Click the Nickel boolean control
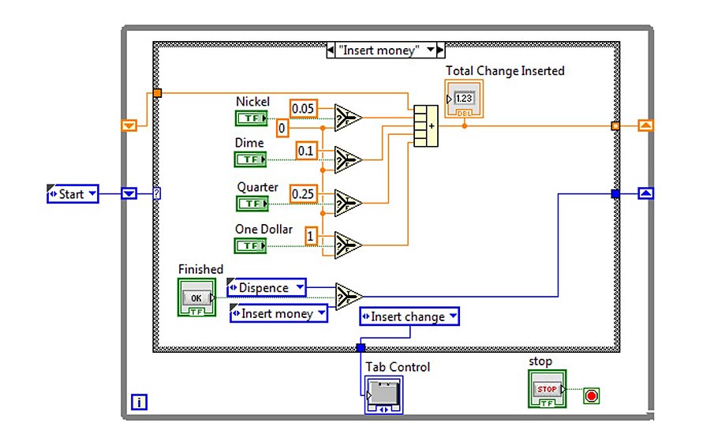pos(252,118)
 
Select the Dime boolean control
pos(252,159)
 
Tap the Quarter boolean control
pos(252,203)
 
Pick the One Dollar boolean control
pos(252,245)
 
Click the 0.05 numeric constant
pos(304,108)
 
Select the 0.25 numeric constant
pos(304,193)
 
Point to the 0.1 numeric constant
pos(306,150)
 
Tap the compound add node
pos(426,125)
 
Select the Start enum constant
pos(73,193)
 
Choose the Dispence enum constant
pos(267,288)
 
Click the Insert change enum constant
pos(409,316)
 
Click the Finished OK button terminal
pos(196,298)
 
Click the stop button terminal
pos(547,389)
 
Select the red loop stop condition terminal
pos(591,395)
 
